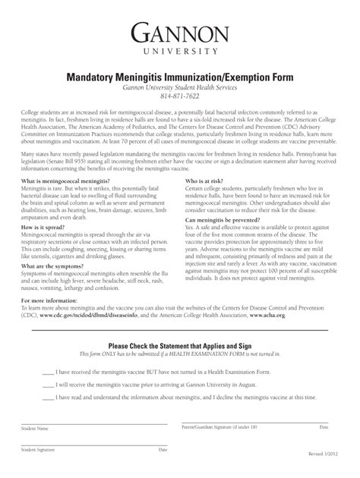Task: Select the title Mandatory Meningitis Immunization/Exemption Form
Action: pyautogui.click(x=180, y=77)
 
